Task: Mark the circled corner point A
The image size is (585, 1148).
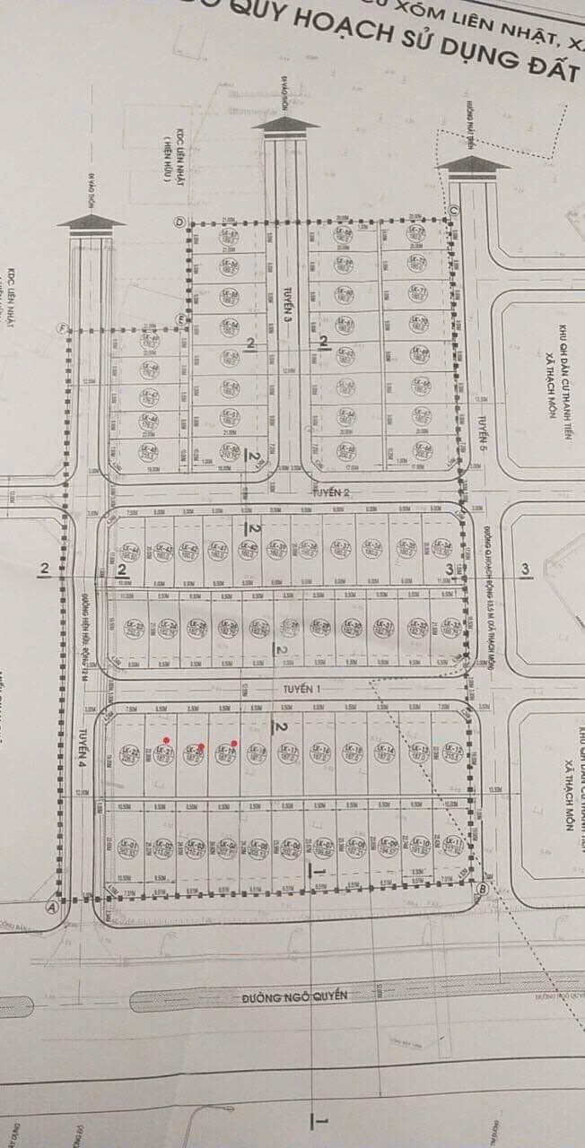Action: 52,907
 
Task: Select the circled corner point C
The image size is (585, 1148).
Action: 454,212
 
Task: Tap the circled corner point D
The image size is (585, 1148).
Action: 179,222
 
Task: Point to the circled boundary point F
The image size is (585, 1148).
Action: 63,327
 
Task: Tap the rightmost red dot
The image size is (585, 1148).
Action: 233,743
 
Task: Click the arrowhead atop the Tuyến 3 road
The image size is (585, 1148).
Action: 285,123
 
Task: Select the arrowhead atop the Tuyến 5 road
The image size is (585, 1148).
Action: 475,163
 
